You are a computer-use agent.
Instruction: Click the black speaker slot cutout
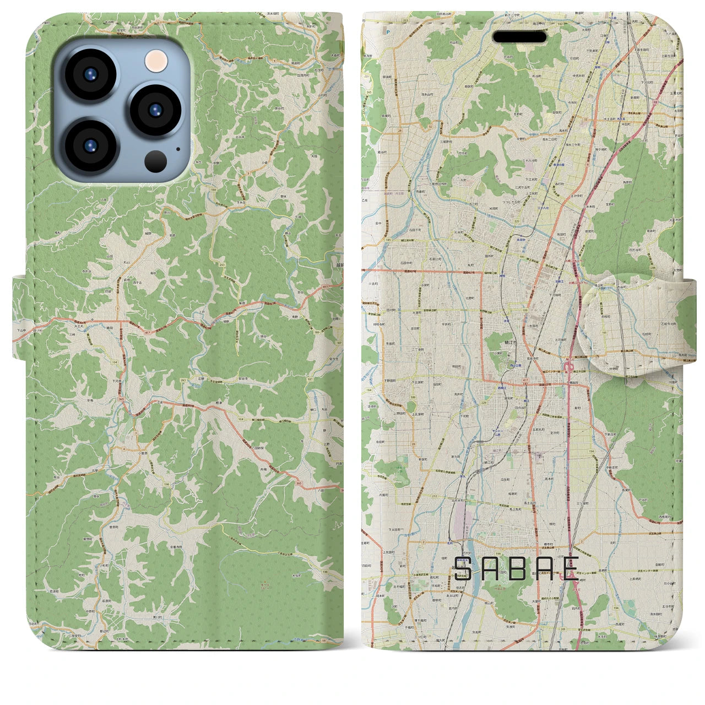(x=519, y=37)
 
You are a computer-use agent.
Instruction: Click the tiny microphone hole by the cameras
(x=177, y=148)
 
